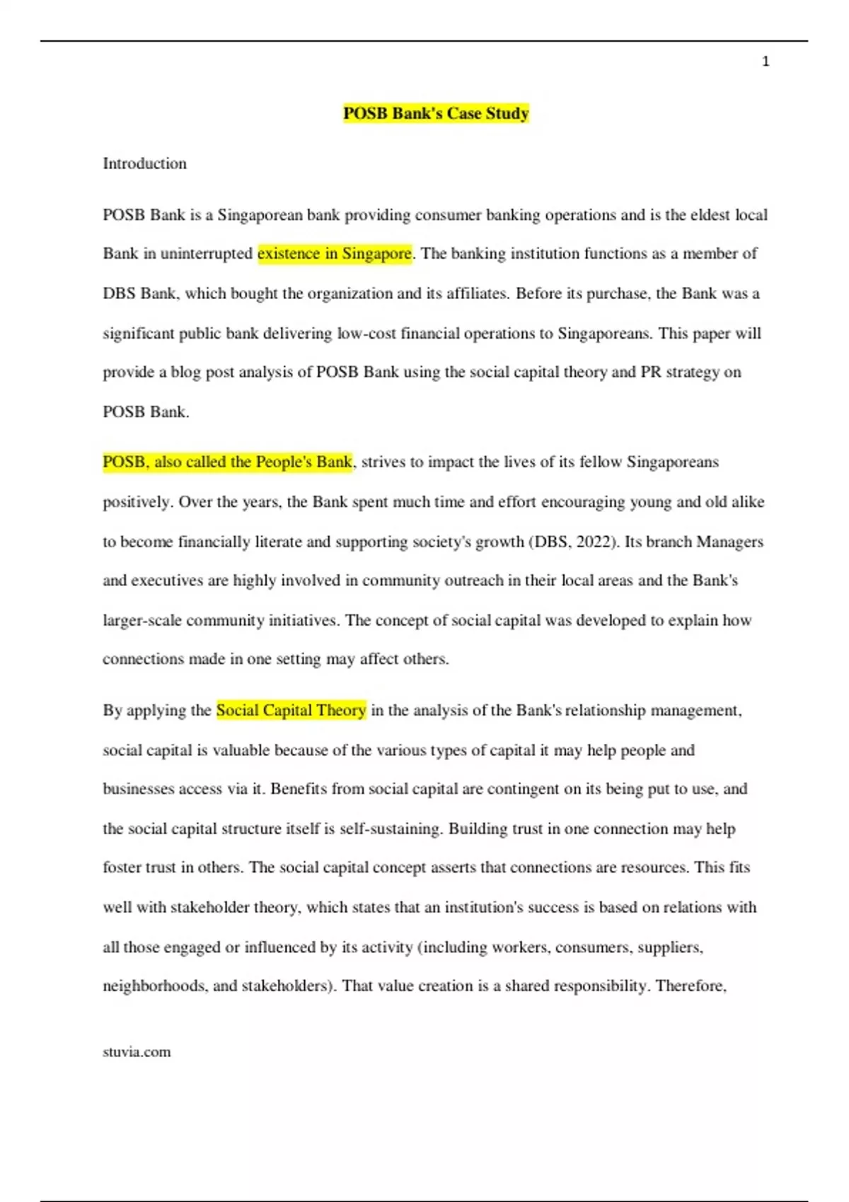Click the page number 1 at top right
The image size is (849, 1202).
coord(766,62)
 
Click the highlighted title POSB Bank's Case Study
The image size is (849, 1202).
coord(436,114)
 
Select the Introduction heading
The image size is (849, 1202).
coord(145,164)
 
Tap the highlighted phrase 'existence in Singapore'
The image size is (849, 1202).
coord(335,254)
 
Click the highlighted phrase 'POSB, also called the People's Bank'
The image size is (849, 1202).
coord(227,462)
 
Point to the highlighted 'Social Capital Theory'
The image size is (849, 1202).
coord(291,711)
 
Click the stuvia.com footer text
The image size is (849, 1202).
coord(137,1052)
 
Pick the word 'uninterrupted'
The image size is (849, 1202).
coord(206,254)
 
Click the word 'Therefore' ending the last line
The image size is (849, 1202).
coord(690,986)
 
